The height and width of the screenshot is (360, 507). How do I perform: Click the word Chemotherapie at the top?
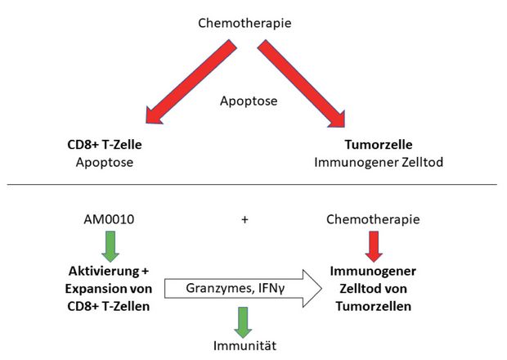point(245,23)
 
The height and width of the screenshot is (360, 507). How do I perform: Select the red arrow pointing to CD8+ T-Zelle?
point(191,82)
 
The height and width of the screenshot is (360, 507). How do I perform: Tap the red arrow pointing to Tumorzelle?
point(302,83)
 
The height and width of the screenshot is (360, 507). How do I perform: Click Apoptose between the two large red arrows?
point(249,101)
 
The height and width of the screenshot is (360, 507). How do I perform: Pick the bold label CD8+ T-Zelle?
point(105,145)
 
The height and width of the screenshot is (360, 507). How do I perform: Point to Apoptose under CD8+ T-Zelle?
point(105,162)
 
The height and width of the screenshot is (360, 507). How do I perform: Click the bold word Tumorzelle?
point(379,145)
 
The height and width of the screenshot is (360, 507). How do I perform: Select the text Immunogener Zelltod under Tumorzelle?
point(379,162)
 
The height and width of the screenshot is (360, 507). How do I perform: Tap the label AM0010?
point(109,219)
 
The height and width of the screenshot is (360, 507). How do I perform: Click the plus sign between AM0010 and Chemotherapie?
point(245,219)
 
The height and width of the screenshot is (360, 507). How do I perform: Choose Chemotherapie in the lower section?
point(373,219)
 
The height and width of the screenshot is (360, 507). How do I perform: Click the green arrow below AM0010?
point(110,246)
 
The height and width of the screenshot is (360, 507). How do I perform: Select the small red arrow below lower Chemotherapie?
point(374,246)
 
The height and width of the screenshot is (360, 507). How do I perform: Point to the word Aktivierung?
point(104,271)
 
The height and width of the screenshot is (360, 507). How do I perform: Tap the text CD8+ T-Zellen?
point(109,306)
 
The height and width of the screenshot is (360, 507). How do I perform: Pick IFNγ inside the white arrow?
point(271,288)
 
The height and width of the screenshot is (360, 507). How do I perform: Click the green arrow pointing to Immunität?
point(243,322)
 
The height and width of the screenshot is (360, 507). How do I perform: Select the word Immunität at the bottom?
point(245,346)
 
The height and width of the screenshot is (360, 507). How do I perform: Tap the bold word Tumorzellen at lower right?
point(374,306)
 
